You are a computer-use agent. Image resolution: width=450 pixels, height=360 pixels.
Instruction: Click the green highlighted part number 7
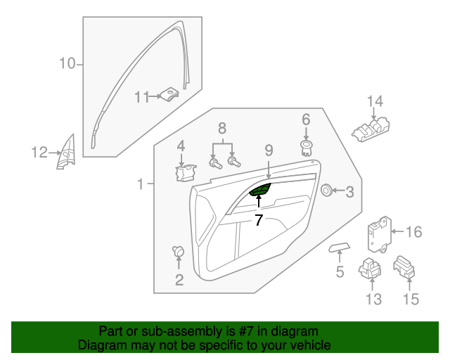tap(260, 191)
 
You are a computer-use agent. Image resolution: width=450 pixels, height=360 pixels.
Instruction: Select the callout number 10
tap(66, 65)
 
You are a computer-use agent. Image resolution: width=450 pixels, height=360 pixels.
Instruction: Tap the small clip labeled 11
tap(170, 95)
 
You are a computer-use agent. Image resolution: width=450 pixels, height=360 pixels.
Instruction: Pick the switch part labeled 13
tap(370, 269)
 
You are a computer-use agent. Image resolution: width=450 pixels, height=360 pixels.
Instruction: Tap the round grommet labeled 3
tap(326, 190)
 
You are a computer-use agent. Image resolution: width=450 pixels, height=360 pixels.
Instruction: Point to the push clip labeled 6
tap(306, 146)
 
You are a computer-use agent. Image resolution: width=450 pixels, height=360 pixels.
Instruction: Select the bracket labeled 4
tap(186, 172)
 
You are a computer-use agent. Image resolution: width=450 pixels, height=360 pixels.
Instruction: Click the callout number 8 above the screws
tap(222, 128)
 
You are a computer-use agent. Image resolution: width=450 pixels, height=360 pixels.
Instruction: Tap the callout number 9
tap(268, 150)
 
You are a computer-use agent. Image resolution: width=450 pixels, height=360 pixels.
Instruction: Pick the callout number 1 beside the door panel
tap(140, 184)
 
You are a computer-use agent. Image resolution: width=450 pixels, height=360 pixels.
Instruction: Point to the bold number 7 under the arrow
tap(259, 220)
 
